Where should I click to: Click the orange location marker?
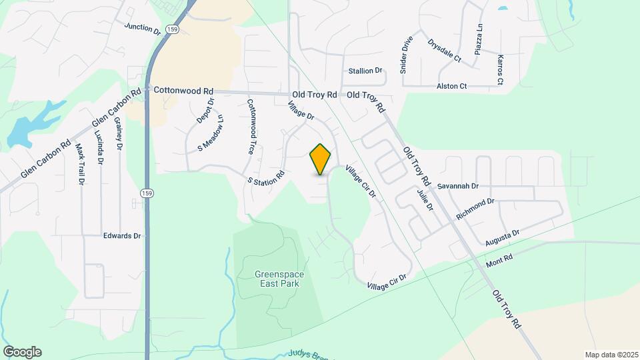(321, 159)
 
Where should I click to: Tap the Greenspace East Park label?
(277, 279)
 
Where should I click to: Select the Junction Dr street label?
(143, 28)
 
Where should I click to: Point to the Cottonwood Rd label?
(183, 90)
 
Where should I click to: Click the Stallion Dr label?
(365, 71)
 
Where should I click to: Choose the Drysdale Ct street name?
(445, 50)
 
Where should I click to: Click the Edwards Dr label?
(122, 235)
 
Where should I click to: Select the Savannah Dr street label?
(459, 186)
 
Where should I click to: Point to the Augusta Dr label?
(502, 235)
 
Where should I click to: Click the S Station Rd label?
(266, 177)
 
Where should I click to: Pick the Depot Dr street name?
(205, 111)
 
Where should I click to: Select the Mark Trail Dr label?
(80, 163)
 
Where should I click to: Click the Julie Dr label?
(425, 199)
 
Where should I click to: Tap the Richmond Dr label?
(475, 209)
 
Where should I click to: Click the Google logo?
(22, 351)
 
